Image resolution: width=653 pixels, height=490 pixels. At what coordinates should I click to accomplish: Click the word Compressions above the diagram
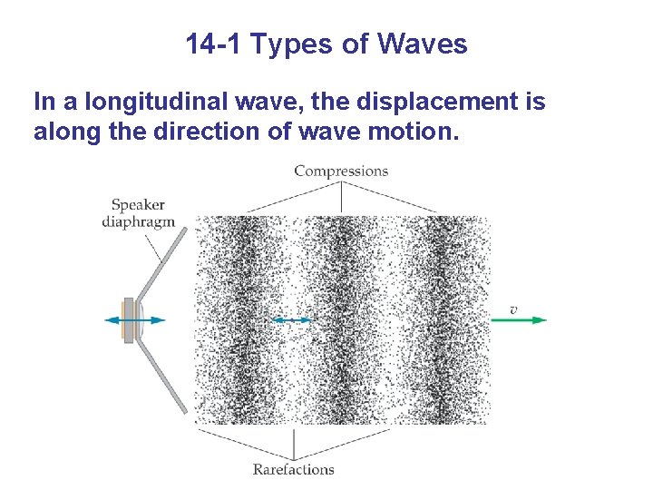(341, 171)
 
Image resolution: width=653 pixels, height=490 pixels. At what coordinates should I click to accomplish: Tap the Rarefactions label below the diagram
(293, 469)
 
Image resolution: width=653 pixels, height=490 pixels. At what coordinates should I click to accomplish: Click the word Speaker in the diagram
(138, 205)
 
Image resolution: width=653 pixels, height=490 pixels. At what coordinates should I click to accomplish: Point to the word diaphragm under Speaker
(138, 221)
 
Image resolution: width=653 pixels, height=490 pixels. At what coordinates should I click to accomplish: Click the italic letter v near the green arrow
(513, 309)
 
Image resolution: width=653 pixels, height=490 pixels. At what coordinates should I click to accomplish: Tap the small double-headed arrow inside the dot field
(292, 319)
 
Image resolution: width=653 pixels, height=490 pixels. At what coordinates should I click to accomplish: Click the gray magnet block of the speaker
(130, 319)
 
